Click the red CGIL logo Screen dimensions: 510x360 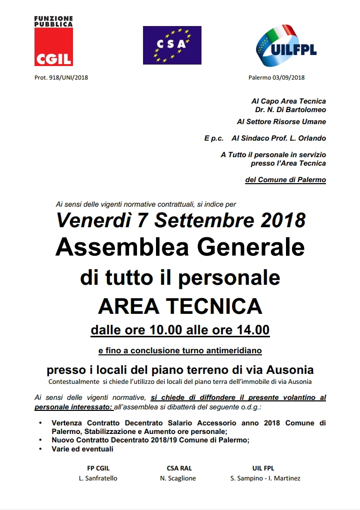53,47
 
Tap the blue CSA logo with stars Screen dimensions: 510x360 172,45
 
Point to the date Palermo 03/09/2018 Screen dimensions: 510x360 276,78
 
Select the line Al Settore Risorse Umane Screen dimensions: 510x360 281,122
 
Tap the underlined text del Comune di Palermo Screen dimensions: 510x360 285,180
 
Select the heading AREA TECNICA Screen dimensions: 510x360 180,306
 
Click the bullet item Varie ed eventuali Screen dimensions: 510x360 82,449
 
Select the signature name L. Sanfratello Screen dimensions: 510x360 98,478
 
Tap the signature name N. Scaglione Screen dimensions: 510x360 178,478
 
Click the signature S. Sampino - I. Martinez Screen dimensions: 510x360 265,478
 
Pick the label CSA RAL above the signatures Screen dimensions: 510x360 179,468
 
